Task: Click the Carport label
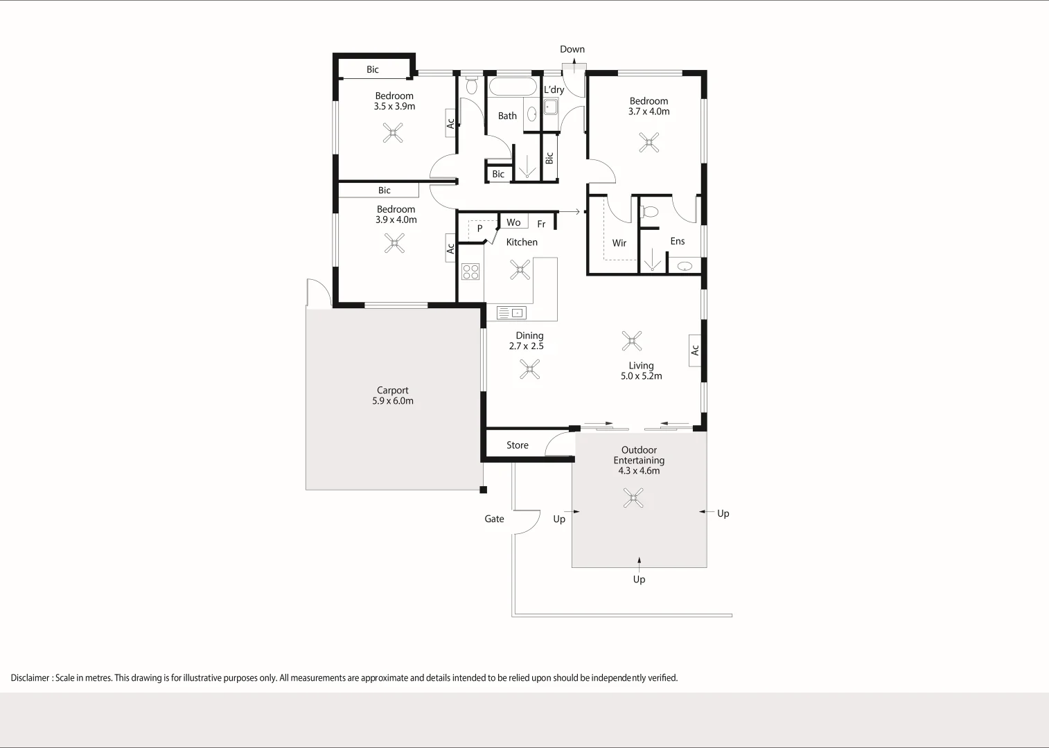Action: (392, 391)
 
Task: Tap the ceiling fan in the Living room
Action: (632, 341)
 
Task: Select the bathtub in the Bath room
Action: (513, 87)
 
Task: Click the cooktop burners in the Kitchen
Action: (470, 271)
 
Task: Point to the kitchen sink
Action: (511, 313)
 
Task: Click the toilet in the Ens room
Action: (649, 212)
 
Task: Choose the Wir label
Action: (619, 243)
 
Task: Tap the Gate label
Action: (494, 519)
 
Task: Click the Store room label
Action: (517, 445)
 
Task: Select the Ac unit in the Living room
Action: (695, 350)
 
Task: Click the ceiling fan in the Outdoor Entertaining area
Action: (633, 498)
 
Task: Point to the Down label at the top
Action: (572, 49)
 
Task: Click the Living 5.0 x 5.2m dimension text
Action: (641, 376)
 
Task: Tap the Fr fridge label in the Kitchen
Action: (541, 224)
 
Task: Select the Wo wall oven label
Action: (513, 222)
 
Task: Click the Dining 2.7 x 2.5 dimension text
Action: (526, 346)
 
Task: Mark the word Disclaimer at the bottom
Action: (30, 678)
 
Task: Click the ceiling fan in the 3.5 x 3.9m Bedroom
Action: (393, 133)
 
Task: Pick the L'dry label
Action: (554, 89)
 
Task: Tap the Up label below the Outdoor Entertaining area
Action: (639, 580)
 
